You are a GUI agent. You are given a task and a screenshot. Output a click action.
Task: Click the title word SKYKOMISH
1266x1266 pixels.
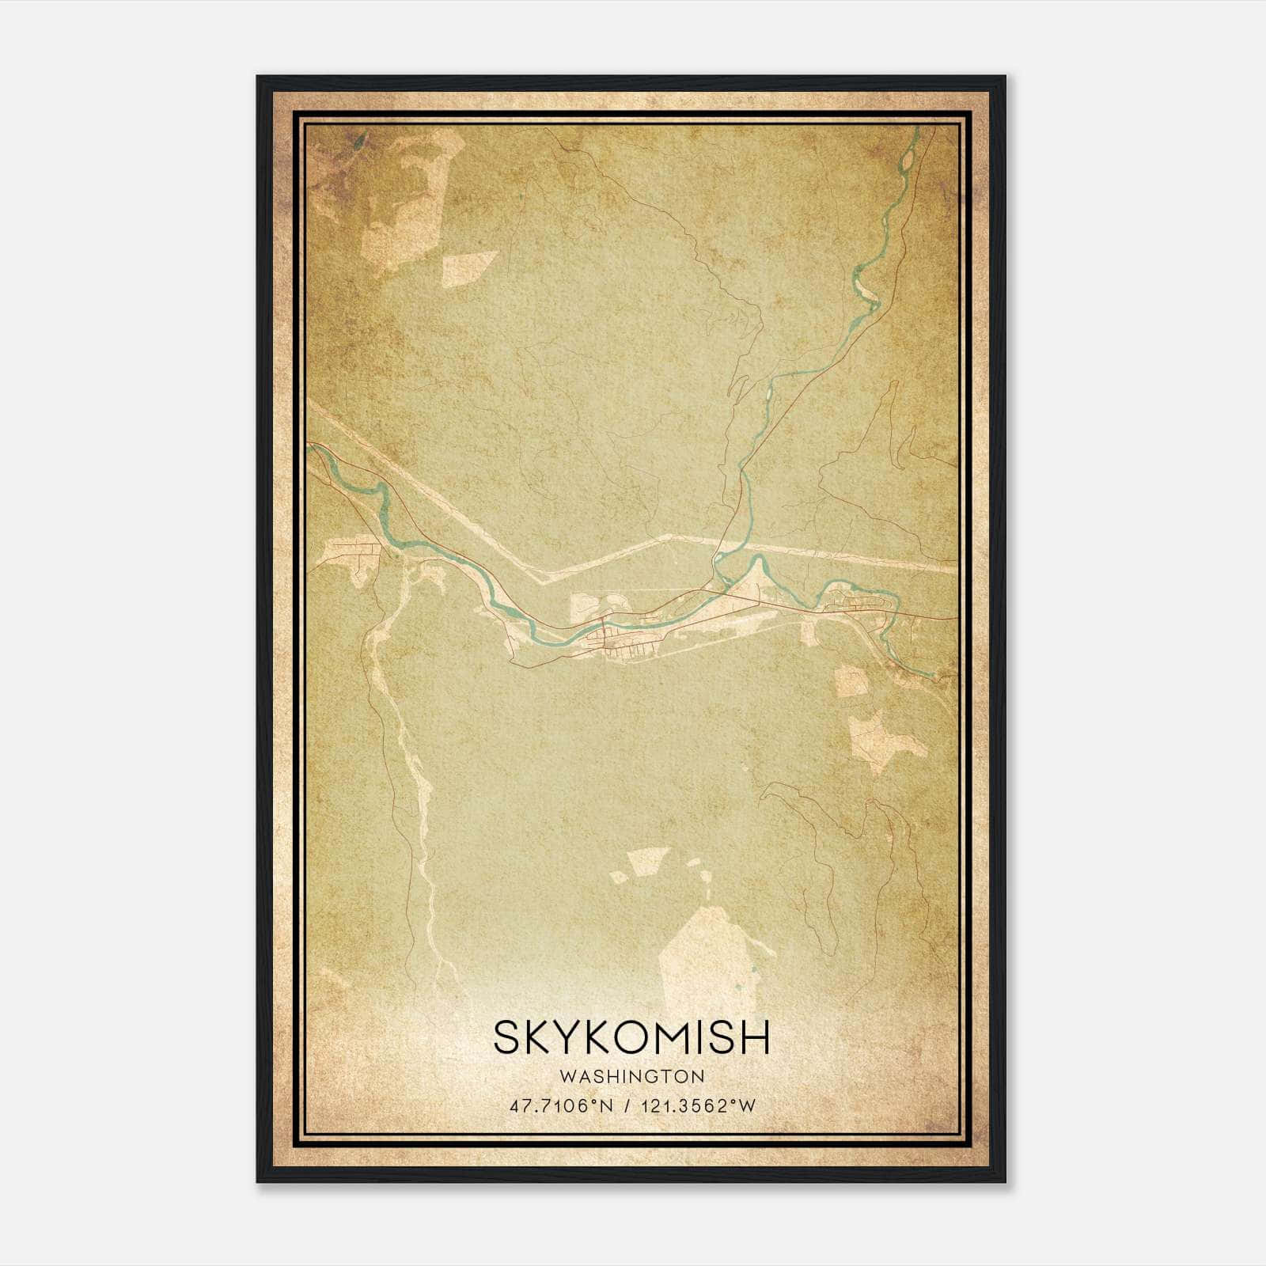(x=631, y=1038)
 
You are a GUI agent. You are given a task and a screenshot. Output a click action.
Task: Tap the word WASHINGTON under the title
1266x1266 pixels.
(x=631, y=1076)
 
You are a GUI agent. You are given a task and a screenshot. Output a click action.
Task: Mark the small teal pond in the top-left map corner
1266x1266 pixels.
(x=359, y=142)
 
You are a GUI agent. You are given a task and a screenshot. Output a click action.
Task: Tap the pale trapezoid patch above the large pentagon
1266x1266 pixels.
(x=638, y=862)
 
